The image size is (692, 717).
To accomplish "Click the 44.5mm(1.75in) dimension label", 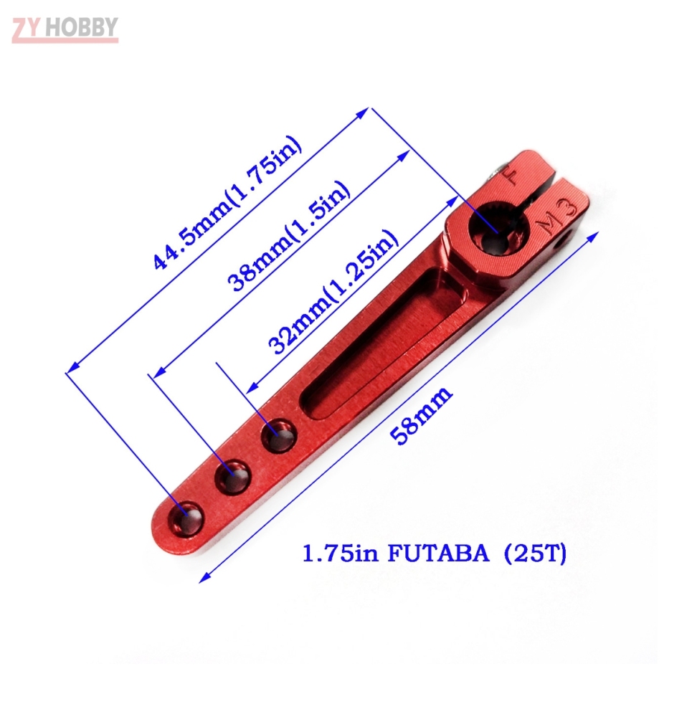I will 228,203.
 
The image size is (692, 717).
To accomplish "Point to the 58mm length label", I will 423,416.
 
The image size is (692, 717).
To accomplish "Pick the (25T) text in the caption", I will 535,554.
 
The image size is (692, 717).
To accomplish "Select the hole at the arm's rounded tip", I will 186,518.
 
